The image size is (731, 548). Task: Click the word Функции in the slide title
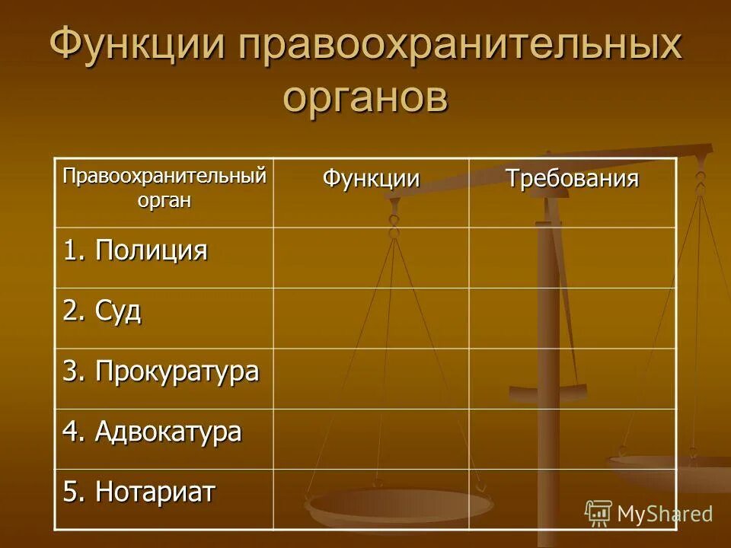coord(138,47)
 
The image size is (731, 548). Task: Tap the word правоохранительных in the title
coord(459,47)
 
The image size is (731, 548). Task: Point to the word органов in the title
coord(365,97)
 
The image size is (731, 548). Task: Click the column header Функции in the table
coord(371,180)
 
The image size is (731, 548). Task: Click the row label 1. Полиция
coord(136,250)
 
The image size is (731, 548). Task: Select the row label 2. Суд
coord(102,311)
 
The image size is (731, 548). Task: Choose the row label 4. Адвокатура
coord(152,432)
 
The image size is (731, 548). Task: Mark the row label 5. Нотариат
coord(139,492)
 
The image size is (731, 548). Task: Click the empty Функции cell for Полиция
coord(371,257)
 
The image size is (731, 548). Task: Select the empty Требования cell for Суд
coord(573,318)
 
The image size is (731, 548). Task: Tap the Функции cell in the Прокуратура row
coord(371,378)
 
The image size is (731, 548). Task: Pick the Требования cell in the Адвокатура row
coord(573,438)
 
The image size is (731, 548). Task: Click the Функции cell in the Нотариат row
coord(371,499)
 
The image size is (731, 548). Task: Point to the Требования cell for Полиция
coord(573,257)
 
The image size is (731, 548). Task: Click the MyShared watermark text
coord(665,514)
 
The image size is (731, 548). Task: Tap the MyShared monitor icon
coord(599,513)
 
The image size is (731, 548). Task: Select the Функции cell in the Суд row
coord(371,318)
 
